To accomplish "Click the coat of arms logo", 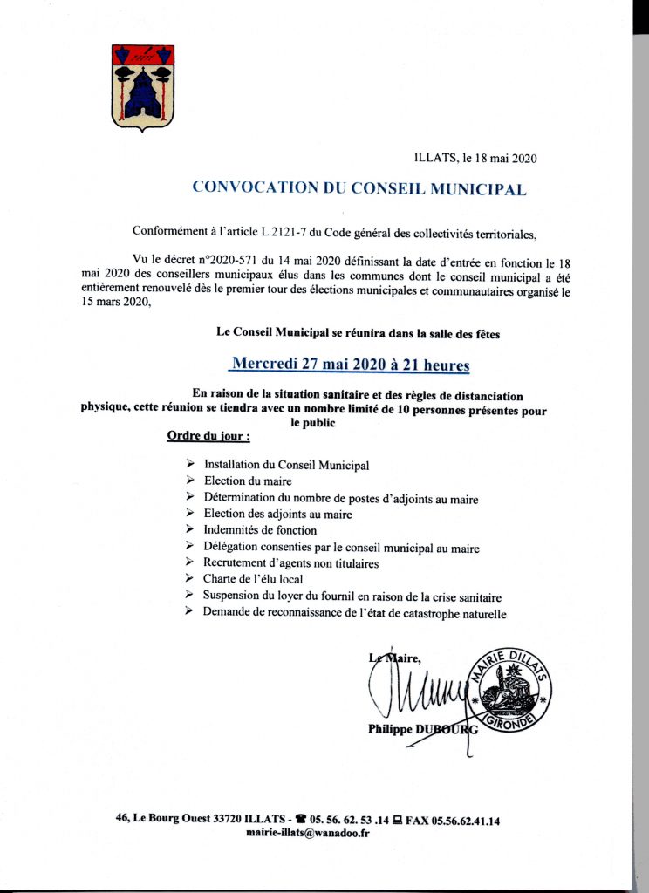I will [143, 87].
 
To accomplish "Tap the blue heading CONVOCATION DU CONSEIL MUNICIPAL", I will [359, 187].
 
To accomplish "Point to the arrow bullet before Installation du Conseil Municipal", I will [189, 465].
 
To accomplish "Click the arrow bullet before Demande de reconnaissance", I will [189, 612].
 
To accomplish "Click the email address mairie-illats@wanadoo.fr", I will [309, 833].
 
